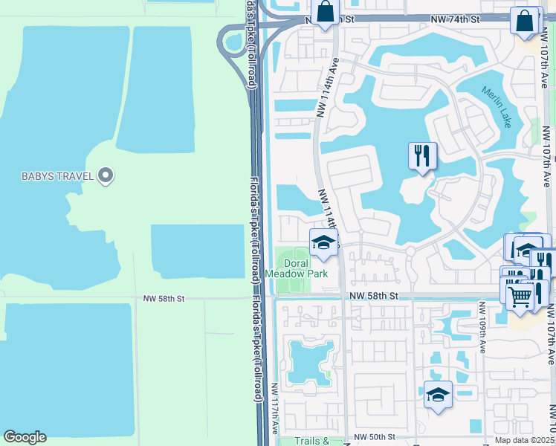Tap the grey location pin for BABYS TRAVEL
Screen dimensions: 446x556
pyautogui.click(x=106, y=175)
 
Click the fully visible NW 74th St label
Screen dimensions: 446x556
pyautogui.click(x=471, y=16)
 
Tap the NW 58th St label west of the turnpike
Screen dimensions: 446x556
pyautogui.click(x=163, y=298)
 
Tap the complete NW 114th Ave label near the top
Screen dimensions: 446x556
pyautogui.click(x=328, y=88)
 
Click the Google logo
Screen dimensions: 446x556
pyautogui.click(x=25, y=437)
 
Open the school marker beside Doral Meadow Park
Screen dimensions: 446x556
pyautogui.click(x=323, y=242)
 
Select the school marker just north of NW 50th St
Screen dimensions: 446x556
pyautogui.click(x=438, y=394)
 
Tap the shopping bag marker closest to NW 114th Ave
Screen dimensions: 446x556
pyautogui.click(x=325, y=13)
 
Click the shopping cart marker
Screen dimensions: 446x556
pyautogui.click(x=520, y=295)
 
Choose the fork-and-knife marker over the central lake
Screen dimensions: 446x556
pyautogui.click(x=422, y=156)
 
